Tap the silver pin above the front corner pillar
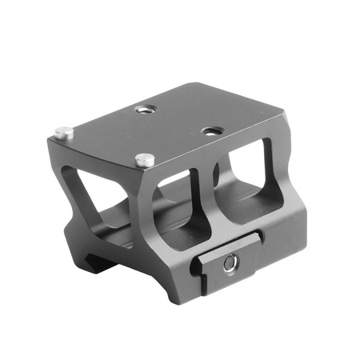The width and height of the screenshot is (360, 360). (144, 158)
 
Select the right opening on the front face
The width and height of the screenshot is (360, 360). (253, 186)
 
